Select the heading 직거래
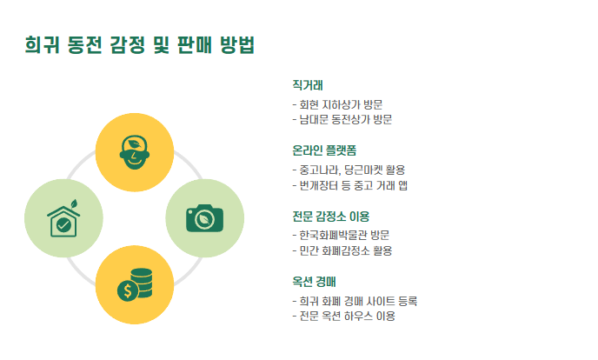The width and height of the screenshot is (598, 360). pos(308,85)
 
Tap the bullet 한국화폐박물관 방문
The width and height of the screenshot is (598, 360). pos(342,235)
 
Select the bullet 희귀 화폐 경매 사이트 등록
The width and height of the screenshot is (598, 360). pos(355,301)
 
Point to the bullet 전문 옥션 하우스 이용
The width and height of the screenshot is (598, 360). pos(345,317)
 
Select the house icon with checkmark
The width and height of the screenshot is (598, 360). pos(63,219)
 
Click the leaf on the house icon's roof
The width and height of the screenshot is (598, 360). pos(75,205)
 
